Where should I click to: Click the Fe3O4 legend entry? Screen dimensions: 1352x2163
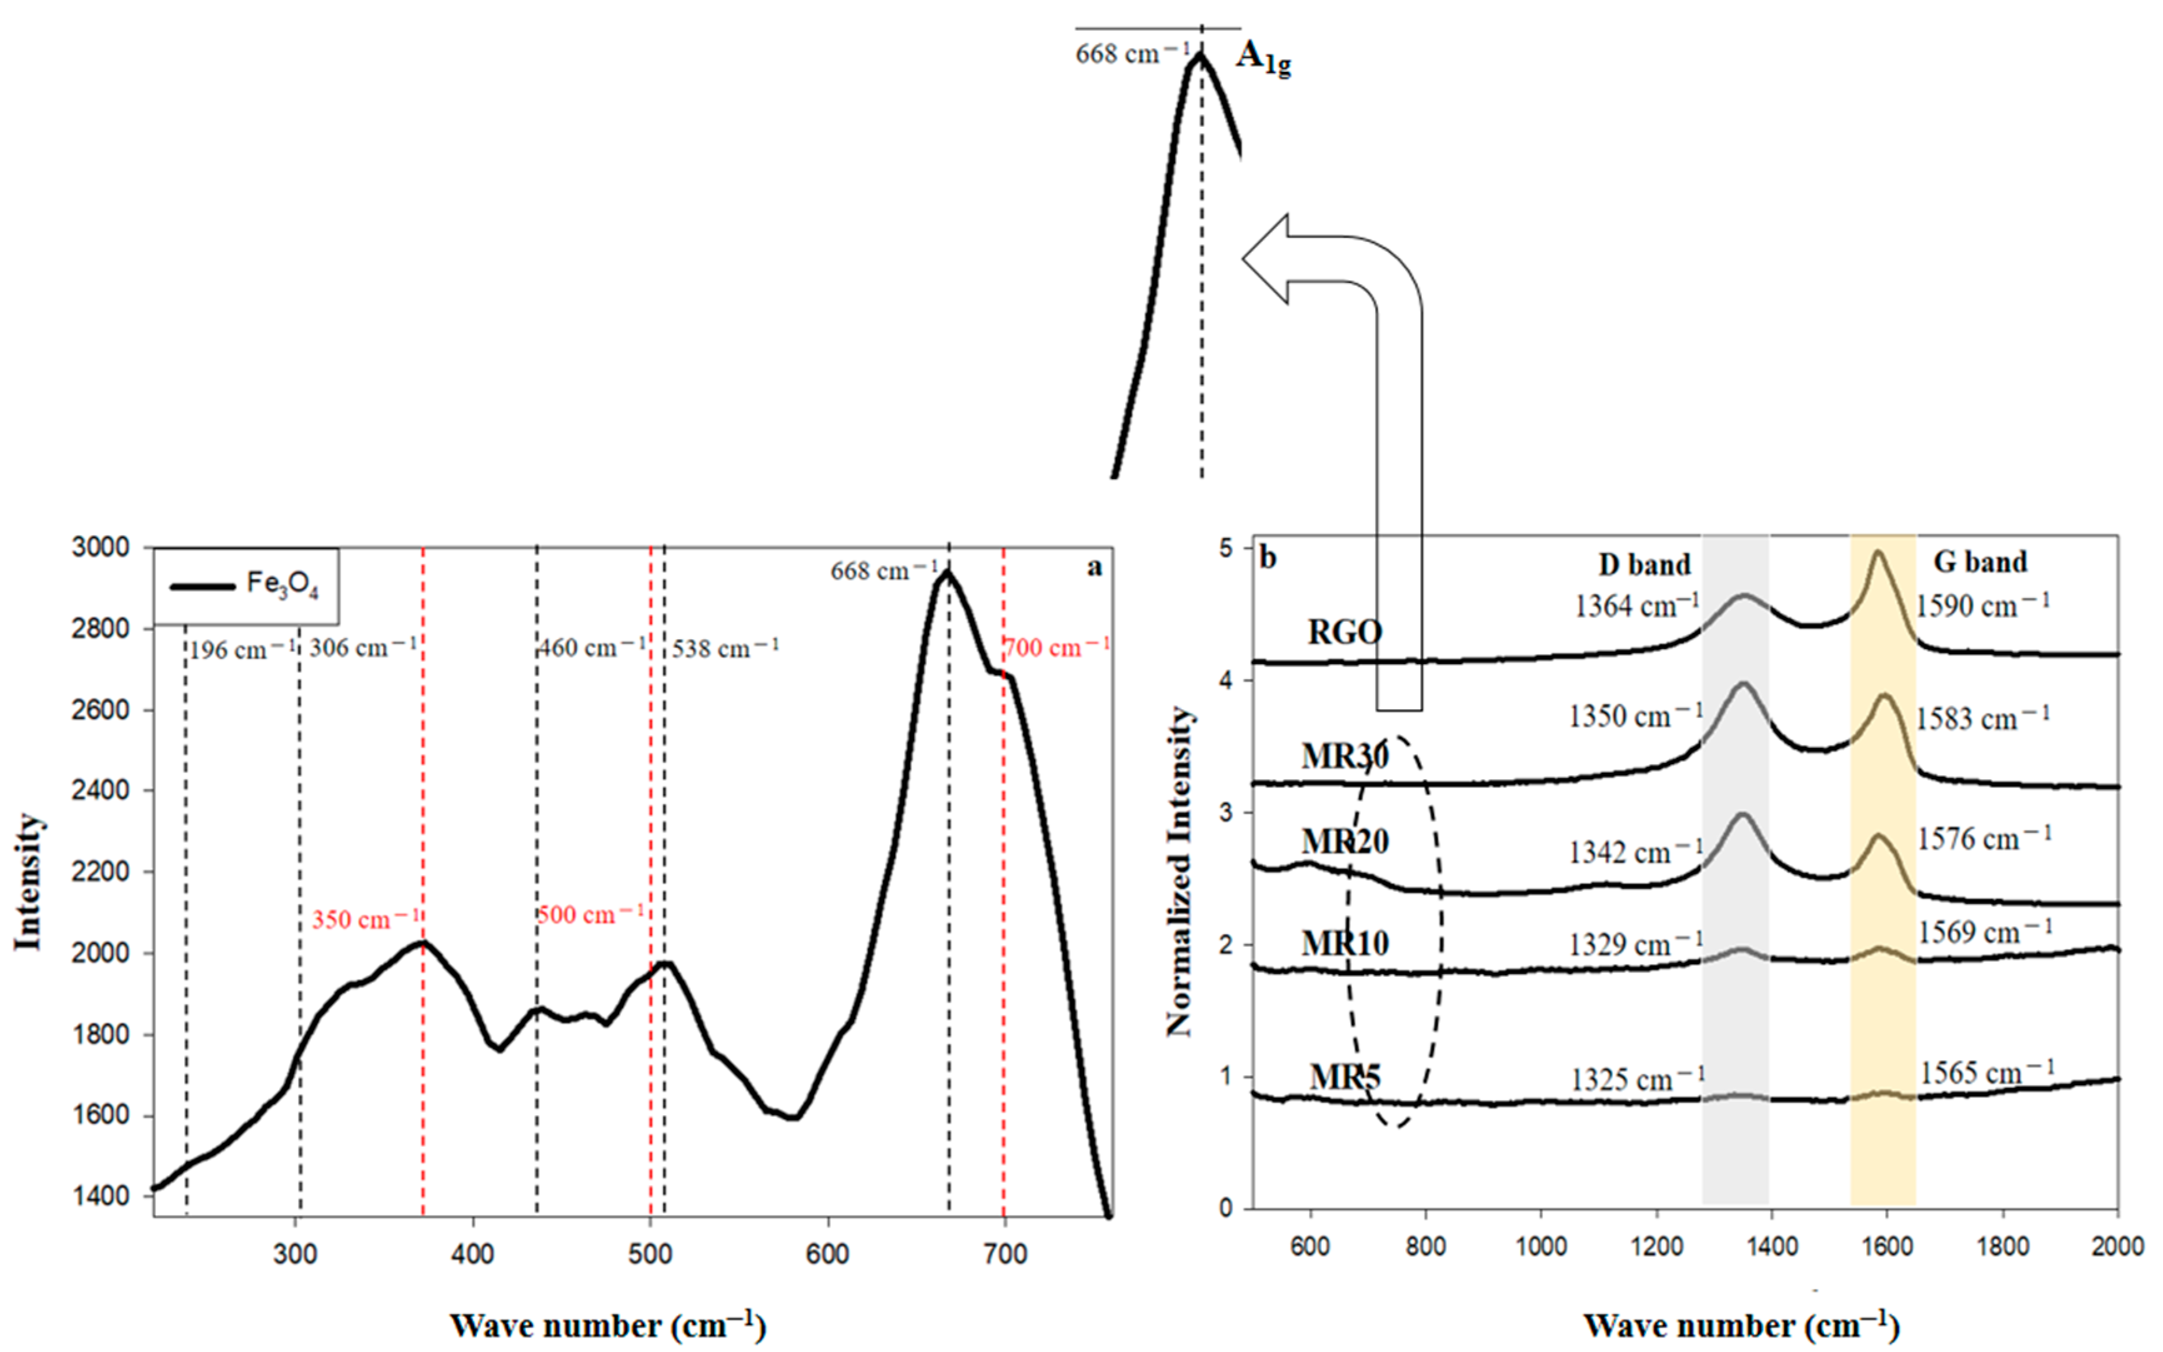click(x=246, y=585)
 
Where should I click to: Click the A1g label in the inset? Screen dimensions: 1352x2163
click(x=1263, y=59)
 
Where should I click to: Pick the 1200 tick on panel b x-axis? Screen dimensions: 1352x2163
click(x=1656, y=1246)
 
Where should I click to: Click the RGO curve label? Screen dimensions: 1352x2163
click(x=1345, y=632)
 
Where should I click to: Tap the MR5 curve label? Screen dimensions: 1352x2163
click(x=1345, y=1076)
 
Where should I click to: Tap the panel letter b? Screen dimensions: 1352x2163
click(x=1268, y=557)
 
